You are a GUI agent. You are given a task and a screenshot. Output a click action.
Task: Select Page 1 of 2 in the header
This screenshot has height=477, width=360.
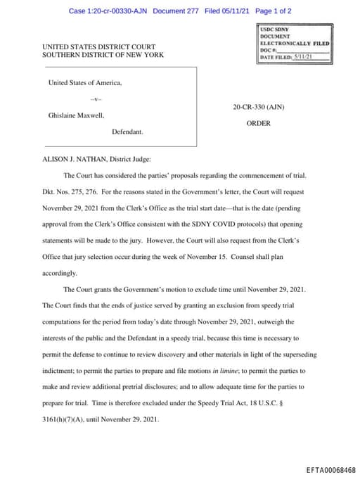pyautogui.click(x=273, y=11)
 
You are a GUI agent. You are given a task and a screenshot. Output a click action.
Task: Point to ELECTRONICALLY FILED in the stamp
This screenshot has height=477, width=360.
pyautogui.click(x=295, y=44)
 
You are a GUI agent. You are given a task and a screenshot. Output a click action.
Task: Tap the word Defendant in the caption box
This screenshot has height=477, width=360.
pyautogui.click(x=127, y=131)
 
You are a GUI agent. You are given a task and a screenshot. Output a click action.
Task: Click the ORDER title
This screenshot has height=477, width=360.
pyautogui.click(x=258, y=123)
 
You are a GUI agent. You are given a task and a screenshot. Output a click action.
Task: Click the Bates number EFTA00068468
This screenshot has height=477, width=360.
pyautogui.click(x=330, y=469)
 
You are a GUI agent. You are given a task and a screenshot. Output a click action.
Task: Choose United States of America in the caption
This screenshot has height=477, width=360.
pyautogui.click(x=84, y=82)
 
